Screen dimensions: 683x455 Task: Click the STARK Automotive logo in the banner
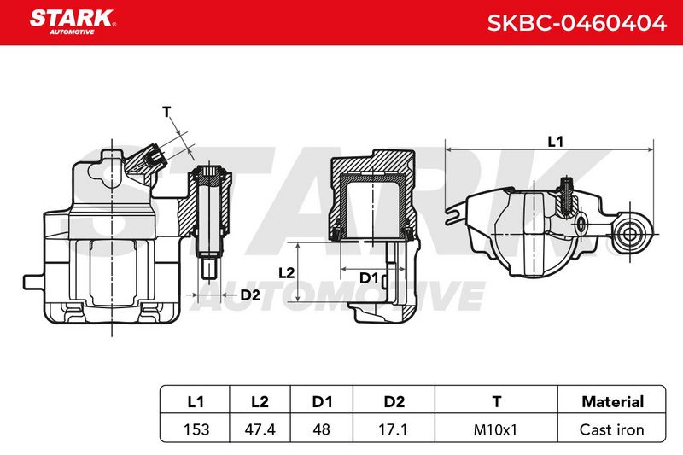pyautogui.click(x=73, y=21)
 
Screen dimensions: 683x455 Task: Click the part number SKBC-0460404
pyautogui.click(x=577, y=23)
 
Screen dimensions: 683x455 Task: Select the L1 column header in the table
pyautogui.click(x=196, y=401)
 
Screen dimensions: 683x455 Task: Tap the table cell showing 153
pyautogui.click(x=196, y=429)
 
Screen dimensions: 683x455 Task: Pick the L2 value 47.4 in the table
pyautogui.click(x=260, y=429)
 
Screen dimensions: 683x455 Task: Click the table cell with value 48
pyautogui.click(x=322, y=429)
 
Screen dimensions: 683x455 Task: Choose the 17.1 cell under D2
pyautogui.click(x=393, y=429)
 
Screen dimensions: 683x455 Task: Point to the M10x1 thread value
pyautogui.click(x=495, y=429)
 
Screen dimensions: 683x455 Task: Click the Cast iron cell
pyautogui.click(x=611, y=429)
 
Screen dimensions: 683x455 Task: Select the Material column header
pyautogui.click(x=612, y=401)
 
